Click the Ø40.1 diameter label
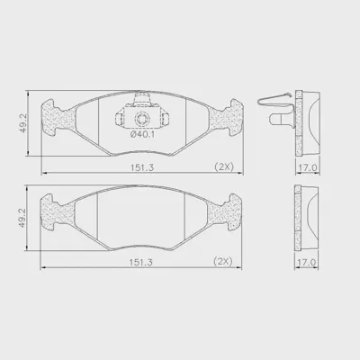142,135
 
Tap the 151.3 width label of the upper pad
142,167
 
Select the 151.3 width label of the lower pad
141,262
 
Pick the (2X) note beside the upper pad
224,166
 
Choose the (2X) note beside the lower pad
223,261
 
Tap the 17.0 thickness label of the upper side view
307,167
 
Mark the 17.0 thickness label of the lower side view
306,262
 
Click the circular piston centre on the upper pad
141,119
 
